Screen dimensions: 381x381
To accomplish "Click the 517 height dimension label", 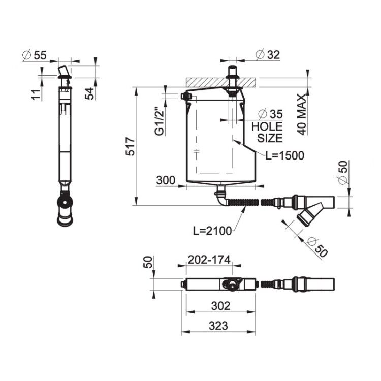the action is tap(130, 146).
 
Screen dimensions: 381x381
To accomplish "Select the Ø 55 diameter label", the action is tap(34, 55).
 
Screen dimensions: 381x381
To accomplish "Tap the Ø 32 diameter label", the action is tap(268, 54).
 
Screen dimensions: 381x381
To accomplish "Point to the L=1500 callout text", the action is tap(285, 155).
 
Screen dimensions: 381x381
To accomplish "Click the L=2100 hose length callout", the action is tap(212, 231).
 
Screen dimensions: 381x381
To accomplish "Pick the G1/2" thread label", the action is tap(160, 121).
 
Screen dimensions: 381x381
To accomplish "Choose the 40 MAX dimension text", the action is tap(302, 114).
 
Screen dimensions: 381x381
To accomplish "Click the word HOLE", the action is tap(267, 126).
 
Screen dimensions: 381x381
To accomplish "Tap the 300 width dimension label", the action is tap(166, 180).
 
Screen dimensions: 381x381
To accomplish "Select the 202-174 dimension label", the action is tap(209, 260).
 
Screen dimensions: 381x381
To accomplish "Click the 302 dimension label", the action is tap(220, 306).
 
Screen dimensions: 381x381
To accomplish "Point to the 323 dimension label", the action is tap(218, 326).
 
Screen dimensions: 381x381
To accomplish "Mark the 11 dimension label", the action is tap(36, 94).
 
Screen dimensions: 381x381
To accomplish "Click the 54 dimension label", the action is tap(89, 93).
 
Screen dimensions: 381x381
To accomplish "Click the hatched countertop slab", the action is tap(220, 82).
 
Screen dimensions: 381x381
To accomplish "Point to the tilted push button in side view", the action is tap(63, 71).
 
